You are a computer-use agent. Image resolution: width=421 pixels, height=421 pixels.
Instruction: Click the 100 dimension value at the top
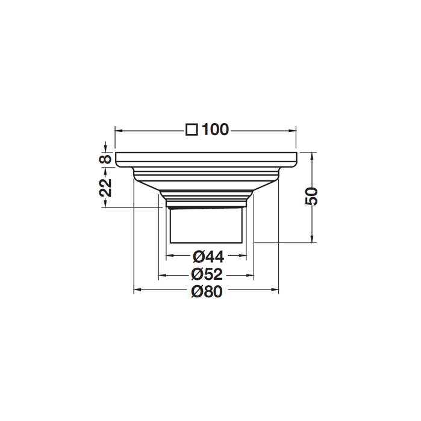[x=215, y=130]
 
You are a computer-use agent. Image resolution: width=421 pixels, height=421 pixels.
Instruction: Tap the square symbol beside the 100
[x=192, y=130]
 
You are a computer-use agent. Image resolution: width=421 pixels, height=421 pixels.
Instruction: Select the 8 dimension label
[x=105, y=159]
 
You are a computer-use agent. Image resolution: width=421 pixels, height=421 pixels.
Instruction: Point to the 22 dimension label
[x=105, y=188]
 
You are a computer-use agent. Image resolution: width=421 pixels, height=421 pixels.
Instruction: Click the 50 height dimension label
[x=312, y=197]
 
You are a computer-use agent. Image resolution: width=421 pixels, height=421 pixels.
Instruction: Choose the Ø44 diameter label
[x=208, y=258]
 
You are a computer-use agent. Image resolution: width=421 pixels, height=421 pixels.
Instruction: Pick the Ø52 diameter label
[x=207, y=274]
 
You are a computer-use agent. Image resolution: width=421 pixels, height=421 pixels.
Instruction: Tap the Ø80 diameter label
[x=207, y=291]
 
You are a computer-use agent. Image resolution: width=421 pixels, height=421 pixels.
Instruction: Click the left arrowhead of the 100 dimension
[x=119, y=131]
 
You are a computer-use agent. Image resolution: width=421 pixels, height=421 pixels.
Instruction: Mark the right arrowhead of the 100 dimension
[x=292, y=131]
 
